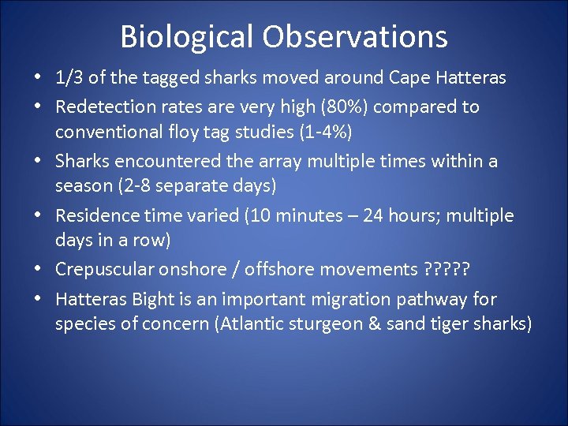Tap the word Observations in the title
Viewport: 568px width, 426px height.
pos(355,37)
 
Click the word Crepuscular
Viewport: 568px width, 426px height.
pos(101,270)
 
